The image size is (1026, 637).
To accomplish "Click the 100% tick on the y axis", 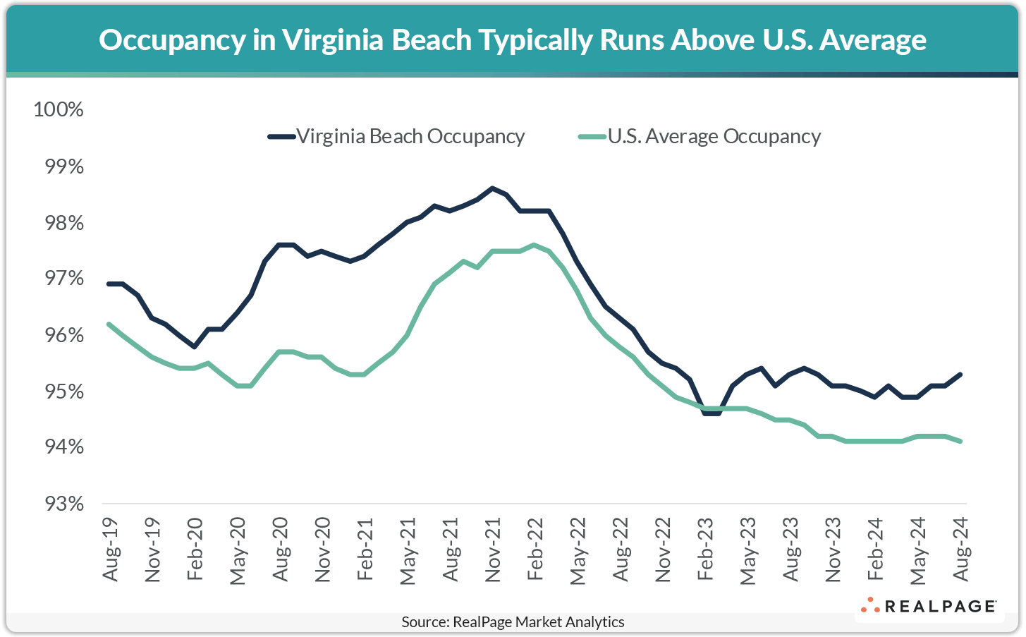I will coord(59,110).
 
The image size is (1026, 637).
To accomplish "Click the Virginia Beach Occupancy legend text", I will coord(410,136).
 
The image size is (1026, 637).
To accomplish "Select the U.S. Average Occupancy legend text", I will coord(714,136).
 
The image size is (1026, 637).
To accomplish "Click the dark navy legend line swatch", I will coord(281,137).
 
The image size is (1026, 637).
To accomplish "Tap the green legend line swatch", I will coord(592,137).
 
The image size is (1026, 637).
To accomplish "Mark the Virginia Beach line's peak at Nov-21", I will coord(492,188).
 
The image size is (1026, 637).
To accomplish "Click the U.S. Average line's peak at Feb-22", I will coord(535,245).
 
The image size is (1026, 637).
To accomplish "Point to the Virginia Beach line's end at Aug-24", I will coord(960,375).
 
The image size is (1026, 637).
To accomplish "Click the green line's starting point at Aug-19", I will coord(109,324).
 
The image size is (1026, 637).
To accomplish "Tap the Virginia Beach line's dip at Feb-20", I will coord(195,346).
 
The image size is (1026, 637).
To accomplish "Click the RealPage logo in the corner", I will coord(928,606).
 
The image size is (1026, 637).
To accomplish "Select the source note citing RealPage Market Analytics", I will coord(513,622).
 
